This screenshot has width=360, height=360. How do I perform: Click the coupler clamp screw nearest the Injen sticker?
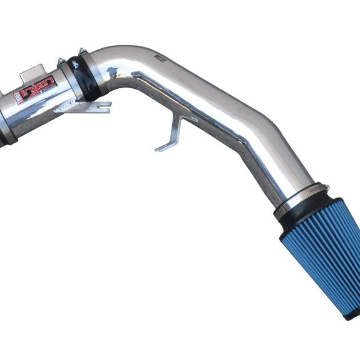[61, 62]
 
